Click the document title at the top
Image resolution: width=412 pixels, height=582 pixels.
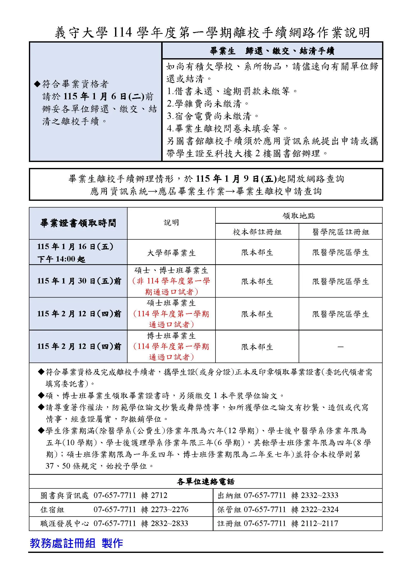[x=212, y=33]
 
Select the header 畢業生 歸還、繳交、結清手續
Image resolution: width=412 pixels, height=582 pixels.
[x=272, y=51]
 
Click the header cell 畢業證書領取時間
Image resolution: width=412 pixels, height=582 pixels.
[x=78, y=223]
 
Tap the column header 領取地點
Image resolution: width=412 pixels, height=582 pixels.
[x=298, y=216]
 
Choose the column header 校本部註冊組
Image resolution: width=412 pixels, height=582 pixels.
[x=257, y=232]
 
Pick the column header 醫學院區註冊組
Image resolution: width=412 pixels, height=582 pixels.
[x=341, y=232]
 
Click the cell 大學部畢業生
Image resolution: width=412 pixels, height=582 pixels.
[x=171, y=253]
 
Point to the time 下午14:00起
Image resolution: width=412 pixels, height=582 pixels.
[x=61, y=259]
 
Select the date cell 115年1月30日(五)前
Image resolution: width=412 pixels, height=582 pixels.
[x=79, y=281]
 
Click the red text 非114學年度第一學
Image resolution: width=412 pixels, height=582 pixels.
[x=171, y=281]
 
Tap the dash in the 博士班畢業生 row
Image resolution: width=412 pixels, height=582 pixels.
[x=341, y=347]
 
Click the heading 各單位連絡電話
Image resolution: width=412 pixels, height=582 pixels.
[x=206, y=482]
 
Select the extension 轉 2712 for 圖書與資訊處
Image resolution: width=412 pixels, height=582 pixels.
[x=154, y=495]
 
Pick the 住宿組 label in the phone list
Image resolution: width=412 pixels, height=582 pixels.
[x=52, y=509]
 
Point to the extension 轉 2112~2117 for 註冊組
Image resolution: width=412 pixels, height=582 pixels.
[x=315, y=523]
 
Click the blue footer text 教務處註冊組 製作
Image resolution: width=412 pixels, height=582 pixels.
[x=76, y=543]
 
